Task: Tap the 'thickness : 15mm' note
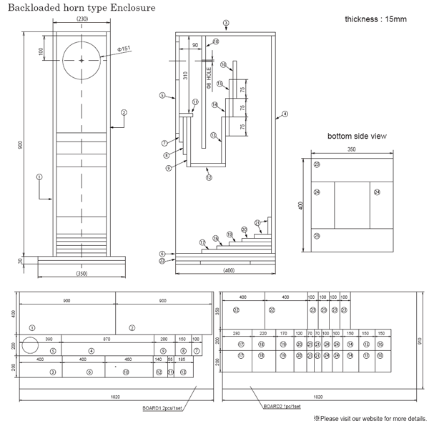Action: click(375, 19)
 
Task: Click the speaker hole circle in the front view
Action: click(82, 60)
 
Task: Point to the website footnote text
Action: click(368, 418)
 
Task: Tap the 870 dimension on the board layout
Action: click(107, 338)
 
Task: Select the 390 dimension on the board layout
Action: click(49, 338)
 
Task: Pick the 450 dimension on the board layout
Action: click(129, 360)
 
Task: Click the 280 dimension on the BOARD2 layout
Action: click(237, 332)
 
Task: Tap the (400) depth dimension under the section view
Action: click(228, 270)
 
